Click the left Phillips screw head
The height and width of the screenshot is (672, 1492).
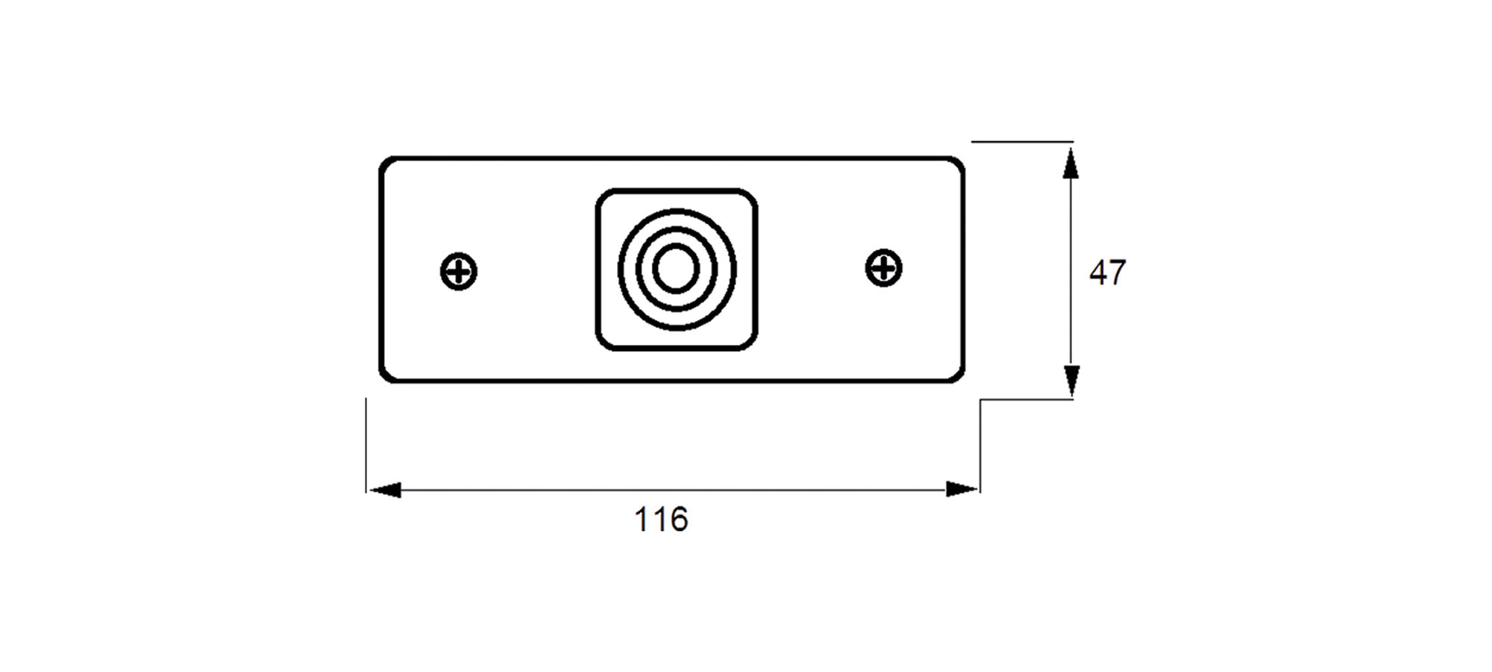point(459,271)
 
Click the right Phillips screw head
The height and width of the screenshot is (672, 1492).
point(884,267)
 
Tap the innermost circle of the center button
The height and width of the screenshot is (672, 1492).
point(677,268)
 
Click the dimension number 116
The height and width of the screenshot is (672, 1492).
point(661,520)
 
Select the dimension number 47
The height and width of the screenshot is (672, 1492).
point(1107,273)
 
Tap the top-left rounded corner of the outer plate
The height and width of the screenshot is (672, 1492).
point(384,162)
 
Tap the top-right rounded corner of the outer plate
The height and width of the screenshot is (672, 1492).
point(959,162)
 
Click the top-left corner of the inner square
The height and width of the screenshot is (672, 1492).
point(601,194)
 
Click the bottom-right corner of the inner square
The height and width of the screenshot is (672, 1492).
point(752,345)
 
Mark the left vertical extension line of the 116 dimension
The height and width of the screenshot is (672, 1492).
point(366,445)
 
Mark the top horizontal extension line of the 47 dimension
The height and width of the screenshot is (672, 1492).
point(1022,141)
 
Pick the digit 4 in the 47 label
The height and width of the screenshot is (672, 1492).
point(1098,273)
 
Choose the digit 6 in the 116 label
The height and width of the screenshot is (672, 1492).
point(679,520)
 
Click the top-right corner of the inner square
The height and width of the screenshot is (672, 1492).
point(752,194)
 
